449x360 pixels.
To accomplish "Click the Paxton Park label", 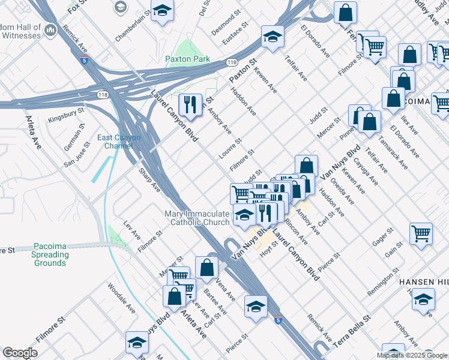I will click(x=188, y=59).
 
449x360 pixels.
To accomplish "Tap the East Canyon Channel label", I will click(x=119, y=142).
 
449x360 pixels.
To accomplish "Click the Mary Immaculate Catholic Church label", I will click(x=197, y=218).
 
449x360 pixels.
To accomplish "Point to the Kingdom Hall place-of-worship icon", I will click(x=50, y=29).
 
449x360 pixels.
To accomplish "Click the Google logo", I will click(x=20, y=353).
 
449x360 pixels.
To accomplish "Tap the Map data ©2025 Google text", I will click(x=412, y=355).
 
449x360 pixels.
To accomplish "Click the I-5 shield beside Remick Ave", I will click(x=83, y=59).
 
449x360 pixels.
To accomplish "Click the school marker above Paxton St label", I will click(x=273, y=37).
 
